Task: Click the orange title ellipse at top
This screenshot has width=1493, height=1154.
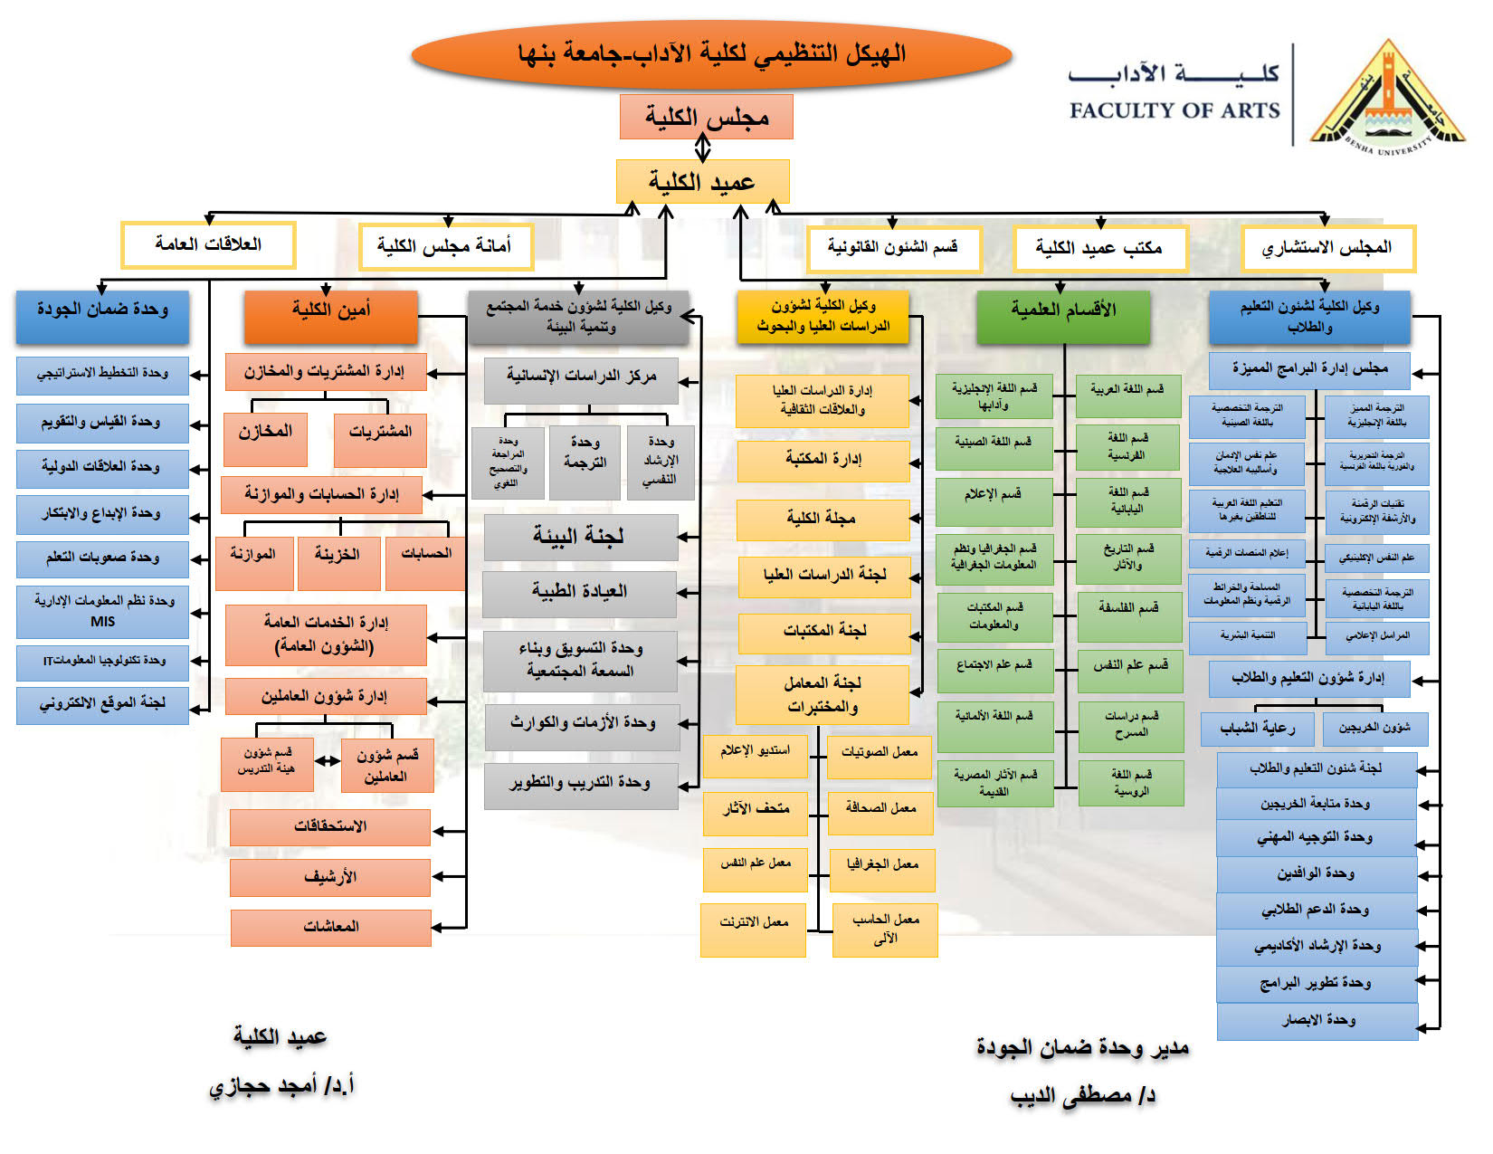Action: click(711, 54)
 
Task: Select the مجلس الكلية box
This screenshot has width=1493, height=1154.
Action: click(706, 117)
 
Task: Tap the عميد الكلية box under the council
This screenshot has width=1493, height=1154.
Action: click(702, 182)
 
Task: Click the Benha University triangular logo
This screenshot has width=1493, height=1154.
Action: click(1385, 96)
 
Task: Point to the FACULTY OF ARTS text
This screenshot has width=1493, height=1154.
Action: click(1174, 111)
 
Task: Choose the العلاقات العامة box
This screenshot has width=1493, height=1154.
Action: click(208, 244)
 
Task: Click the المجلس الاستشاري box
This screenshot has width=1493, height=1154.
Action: click(1327, 248)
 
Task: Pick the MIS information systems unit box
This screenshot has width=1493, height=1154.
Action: click(102, 611)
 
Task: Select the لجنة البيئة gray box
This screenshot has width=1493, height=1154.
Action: click(580, 537)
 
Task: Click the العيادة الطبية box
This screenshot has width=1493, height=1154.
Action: click(579, 593)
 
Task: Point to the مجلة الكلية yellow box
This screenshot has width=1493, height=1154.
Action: click(822, 520)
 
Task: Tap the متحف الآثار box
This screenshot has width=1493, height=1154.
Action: click(755, 808)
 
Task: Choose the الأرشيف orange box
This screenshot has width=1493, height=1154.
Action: click(330, 877)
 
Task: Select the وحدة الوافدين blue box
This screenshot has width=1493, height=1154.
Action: click(1316, 873)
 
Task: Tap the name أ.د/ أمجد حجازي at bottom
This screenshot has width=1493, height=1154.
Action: click(281, 1085)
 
